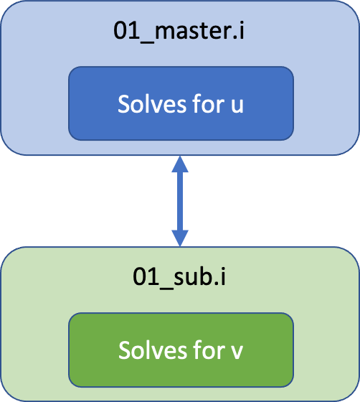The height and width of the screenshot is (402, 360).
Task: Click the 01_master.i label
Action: click(179, 32)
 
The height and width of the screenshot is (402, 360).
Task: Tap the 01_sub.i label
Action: click(179, 278)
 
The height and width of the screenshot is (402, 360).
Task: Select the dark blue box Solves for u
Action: click(181, 103)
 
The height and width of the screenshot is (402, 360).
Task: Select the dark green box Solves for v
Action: click(181, 350)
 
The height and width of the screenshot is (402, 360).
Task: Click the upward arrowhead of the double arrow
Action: click(180, 164)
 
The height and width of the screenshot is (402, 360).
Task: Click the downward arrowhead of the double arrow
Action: click(180, 238)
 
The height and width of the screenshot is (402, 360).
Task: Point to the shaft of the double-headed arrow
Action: click(180, 201)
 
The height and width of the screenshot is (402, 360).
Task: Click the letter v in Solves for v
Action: click(237, 352)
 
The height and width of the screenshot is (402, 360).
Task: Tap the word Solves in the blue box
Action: click(152, 103)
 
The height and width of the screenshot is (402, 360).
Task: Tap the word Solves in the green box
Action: click(153, 350)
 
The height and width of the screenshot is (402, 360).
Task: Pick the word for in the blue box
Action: click(209, 103)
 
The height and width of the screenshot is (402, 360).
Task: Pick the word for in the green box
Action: click(209, 350)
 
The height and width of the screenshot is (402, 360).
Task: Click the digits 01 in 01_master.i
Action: click(126, 30)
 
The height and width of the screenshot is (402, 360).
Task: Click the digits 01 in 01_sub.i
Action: click(146, 276)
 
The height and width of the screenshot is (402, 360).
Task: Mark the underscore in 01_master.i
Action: click(147, 42)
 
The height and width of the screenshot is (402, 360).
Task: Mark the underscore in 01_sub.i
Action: click(166, 288)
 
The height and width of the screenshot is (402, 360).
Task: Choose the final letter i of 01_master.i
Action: click(242, 29)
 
